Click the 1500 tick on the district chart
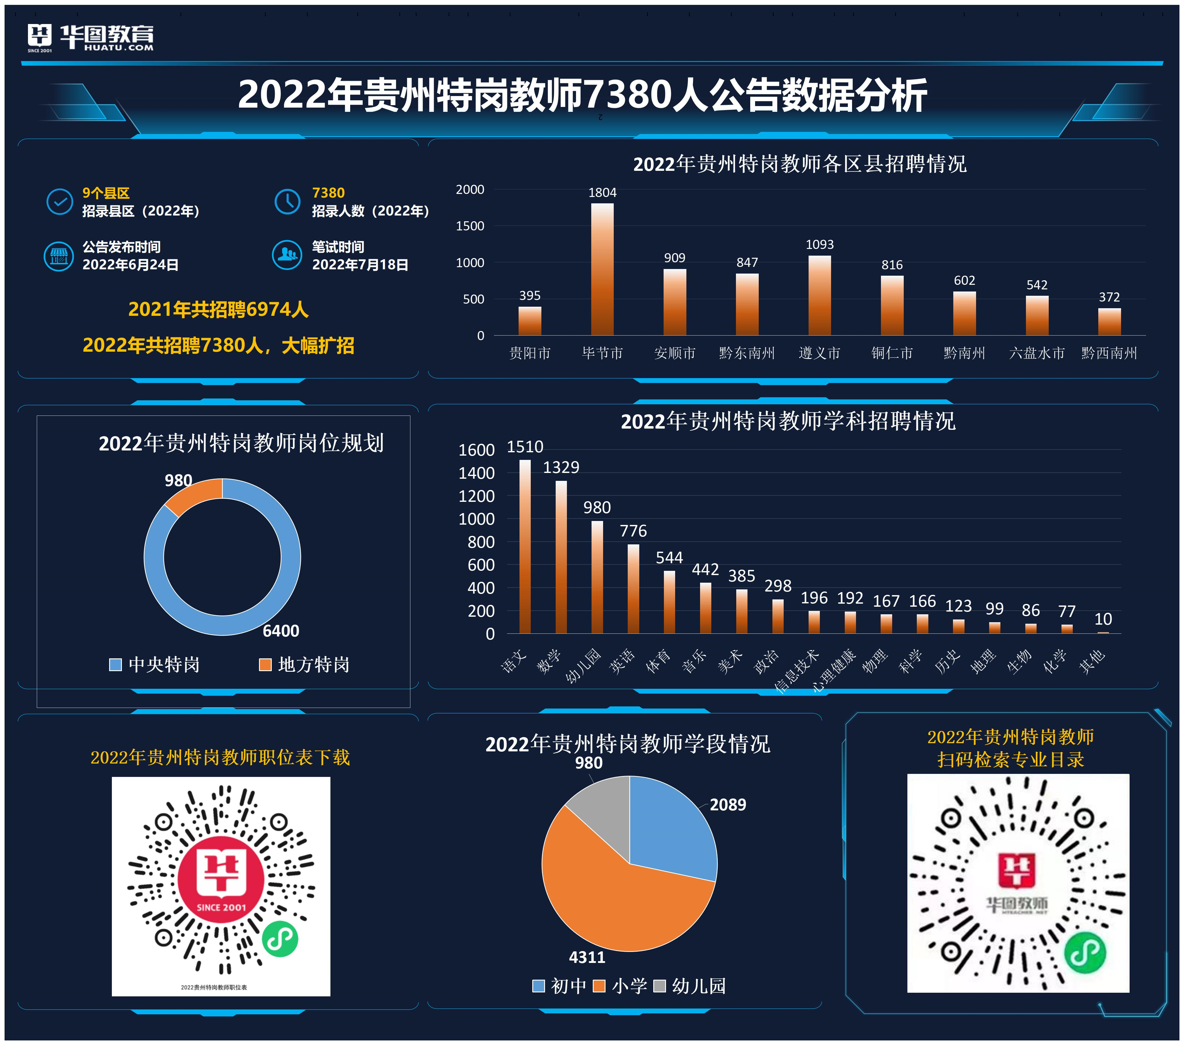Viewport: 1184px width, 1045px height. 469,226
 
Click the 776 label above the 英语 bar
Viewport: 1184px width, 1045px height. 633,531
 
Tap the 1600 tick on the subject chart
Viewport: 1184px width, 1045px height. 476,450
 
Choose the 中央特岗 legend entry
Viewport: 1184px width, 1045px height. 155,664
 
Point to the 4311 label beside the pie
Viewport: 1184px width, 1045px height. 587,957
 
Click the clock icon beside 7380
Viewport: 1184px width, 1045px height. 287,202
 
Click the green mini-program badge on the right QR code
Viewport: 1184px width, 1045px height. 1085,953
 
